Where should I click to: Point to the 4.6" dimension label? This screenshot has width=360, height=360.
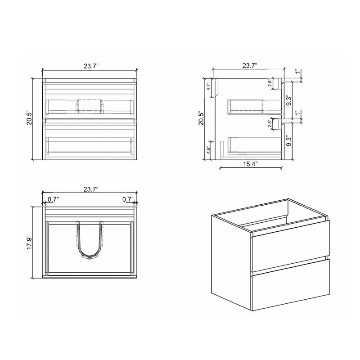(x=208, y=150)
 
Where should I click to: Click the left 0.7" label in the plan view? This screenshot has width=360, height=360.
(x=53, y=198)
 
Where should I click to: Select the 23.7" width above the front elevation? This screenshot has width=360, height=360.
(x=91, y=66)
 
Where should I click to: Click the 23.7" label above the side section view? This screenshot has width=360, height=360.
(x=249, y=66)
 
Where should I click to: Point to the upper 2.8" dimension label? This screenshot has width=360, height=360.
(x=270, y=83)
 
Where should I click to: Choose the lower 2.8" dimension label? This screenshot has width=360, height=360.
(x=270, y=124)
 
